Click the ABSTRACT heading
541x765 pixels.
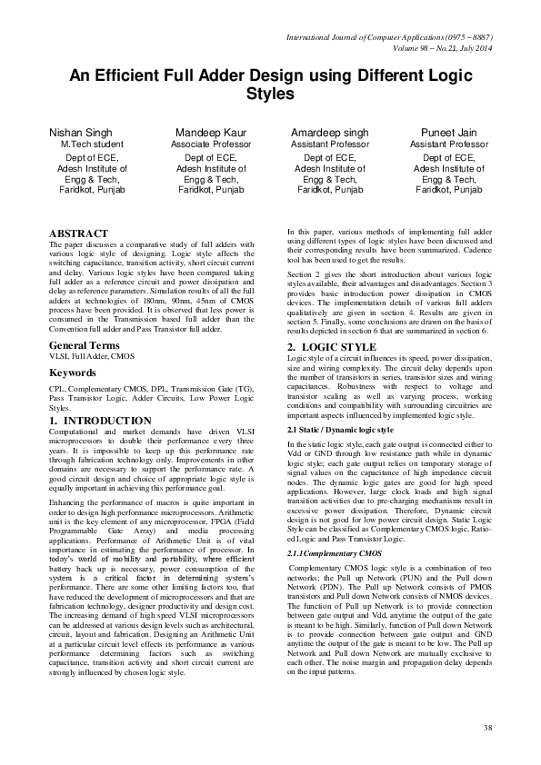point(78,233)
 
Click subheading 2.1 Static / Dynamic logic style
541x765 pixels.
point(340,428)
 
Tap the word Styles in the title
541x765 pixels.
point(271,94)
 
